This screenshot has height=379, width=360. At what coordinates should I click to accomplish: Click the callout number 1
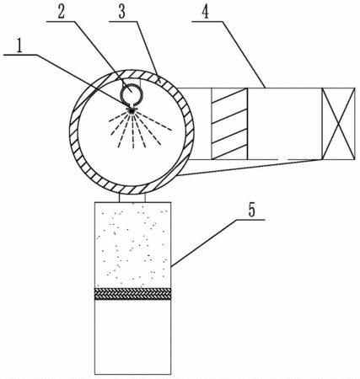tap(19, 46)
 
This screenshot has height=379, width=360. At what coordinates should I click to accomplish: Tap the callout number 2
tap(62, 12)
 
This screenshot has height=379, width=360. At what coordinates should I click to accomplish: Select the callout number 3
tap(121, 13)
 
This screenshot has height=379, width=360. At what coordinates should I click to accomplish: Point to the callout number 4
tap(206, 13)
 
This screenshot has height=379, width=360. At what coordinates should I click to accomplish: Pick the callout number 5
tap(252, 210)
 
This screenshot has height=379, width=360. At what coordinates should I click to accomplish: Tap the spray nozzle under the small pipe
tap(132, 109)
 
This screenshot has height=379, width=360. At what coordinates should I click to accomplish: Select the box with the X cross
tap(338, 124)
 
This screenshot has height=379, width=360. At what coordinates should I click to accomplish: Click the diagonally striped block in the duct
tap(229, 124)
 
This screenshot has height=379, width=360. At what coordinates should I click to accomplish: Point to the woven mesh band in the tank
tap(132, 294)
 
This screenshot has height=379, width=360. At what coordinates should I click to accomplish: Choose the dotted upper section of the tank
tap(132, 245)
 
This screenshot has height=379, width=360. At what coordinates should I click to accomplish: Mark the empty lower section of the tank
tap(132, 337)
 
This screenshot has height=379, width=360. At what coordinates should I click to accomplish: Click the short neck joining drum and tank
tap(132, 197)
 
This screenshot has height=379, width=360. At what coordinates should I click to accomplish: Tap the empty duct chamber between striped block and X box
tap(285, 124)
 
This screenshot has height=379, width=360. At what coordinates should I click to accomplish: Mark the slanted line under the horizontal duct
tap(249, 168)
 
